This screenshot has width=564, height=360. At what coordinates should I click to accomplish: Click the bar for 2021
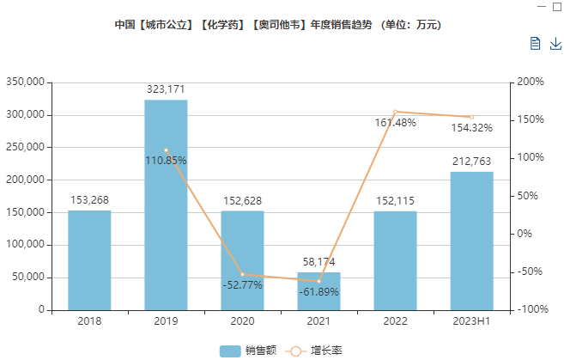tap(318, 291)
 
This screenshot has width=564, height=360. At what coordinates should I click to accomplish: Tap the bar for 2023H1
tap(471, 241)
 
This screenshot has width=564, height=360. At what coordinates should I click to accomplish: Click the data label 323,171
tap(166, 88)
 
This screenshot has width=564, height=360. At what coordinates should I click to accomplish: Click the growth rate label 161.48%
tap(395, 123)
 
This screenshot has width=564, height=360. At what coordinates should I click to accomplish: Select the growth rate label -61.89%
tap(318, 292)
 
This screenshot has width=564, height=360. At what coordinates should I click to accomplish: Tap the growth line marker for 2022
tap(395, 112)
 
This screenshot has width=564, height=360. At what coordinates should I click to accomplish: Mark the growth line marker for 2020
tap(242, 274)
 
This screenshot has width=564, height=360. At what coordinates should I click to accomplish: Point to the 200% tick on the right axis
tap(531, 82)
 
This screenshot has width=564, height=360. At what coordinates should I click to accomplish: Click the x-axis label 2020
tap(242, 322)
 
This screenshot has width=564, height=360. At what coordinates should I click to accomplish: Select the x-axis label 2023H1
tap(471, 322)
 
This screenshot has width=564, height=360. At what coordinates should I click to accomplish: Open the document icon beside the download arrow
tap(535, 43)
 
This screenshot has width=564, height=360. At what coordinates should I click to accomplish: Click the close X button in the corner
tap(557, 6)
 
